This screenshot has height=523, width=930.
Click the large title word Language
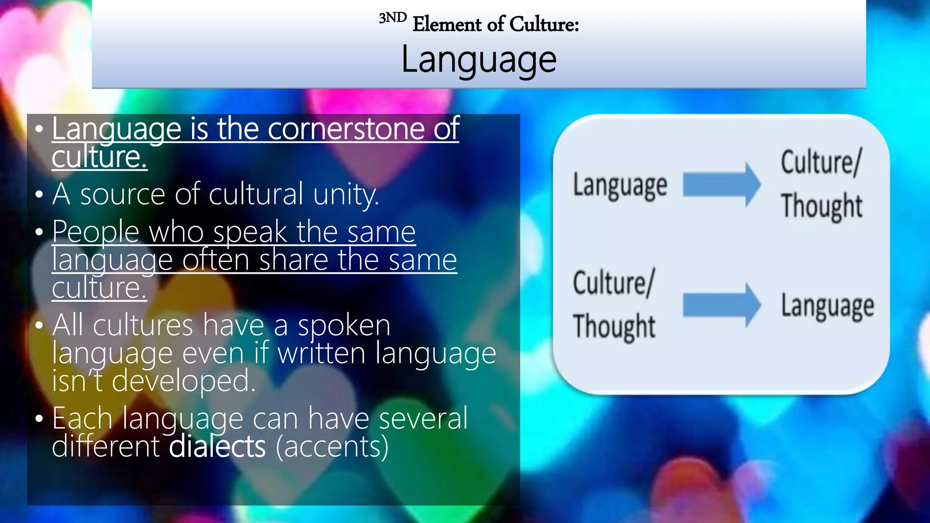pos(479,60)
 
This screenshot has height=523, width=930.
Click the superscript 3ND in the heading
pos(392,18)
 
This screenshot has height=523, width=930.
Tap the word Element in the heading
pos(447,24)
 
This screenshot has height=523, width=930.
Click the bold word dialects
pos(217,446)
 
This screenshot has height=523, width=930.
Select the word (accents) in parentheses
pos(332,446)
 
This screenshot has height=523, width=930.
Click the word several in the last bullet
pos(423,418)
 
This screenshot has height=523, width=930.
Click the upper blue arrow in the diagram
pos(722,185)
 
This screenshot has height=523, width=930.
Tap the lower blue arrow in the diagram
pos(722,305)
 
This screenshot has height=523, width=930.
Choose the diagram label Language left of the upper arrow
pos(620,186)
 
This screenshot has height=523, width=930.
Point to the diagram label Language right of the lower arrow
pos(827,306)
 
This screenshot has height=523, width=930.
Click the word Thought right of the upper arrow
pos(821,206)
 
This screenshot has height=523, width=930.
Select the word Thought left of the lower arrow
pos(614,326)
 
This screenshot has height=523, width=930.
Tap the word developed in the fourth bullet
pos(183,381)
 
